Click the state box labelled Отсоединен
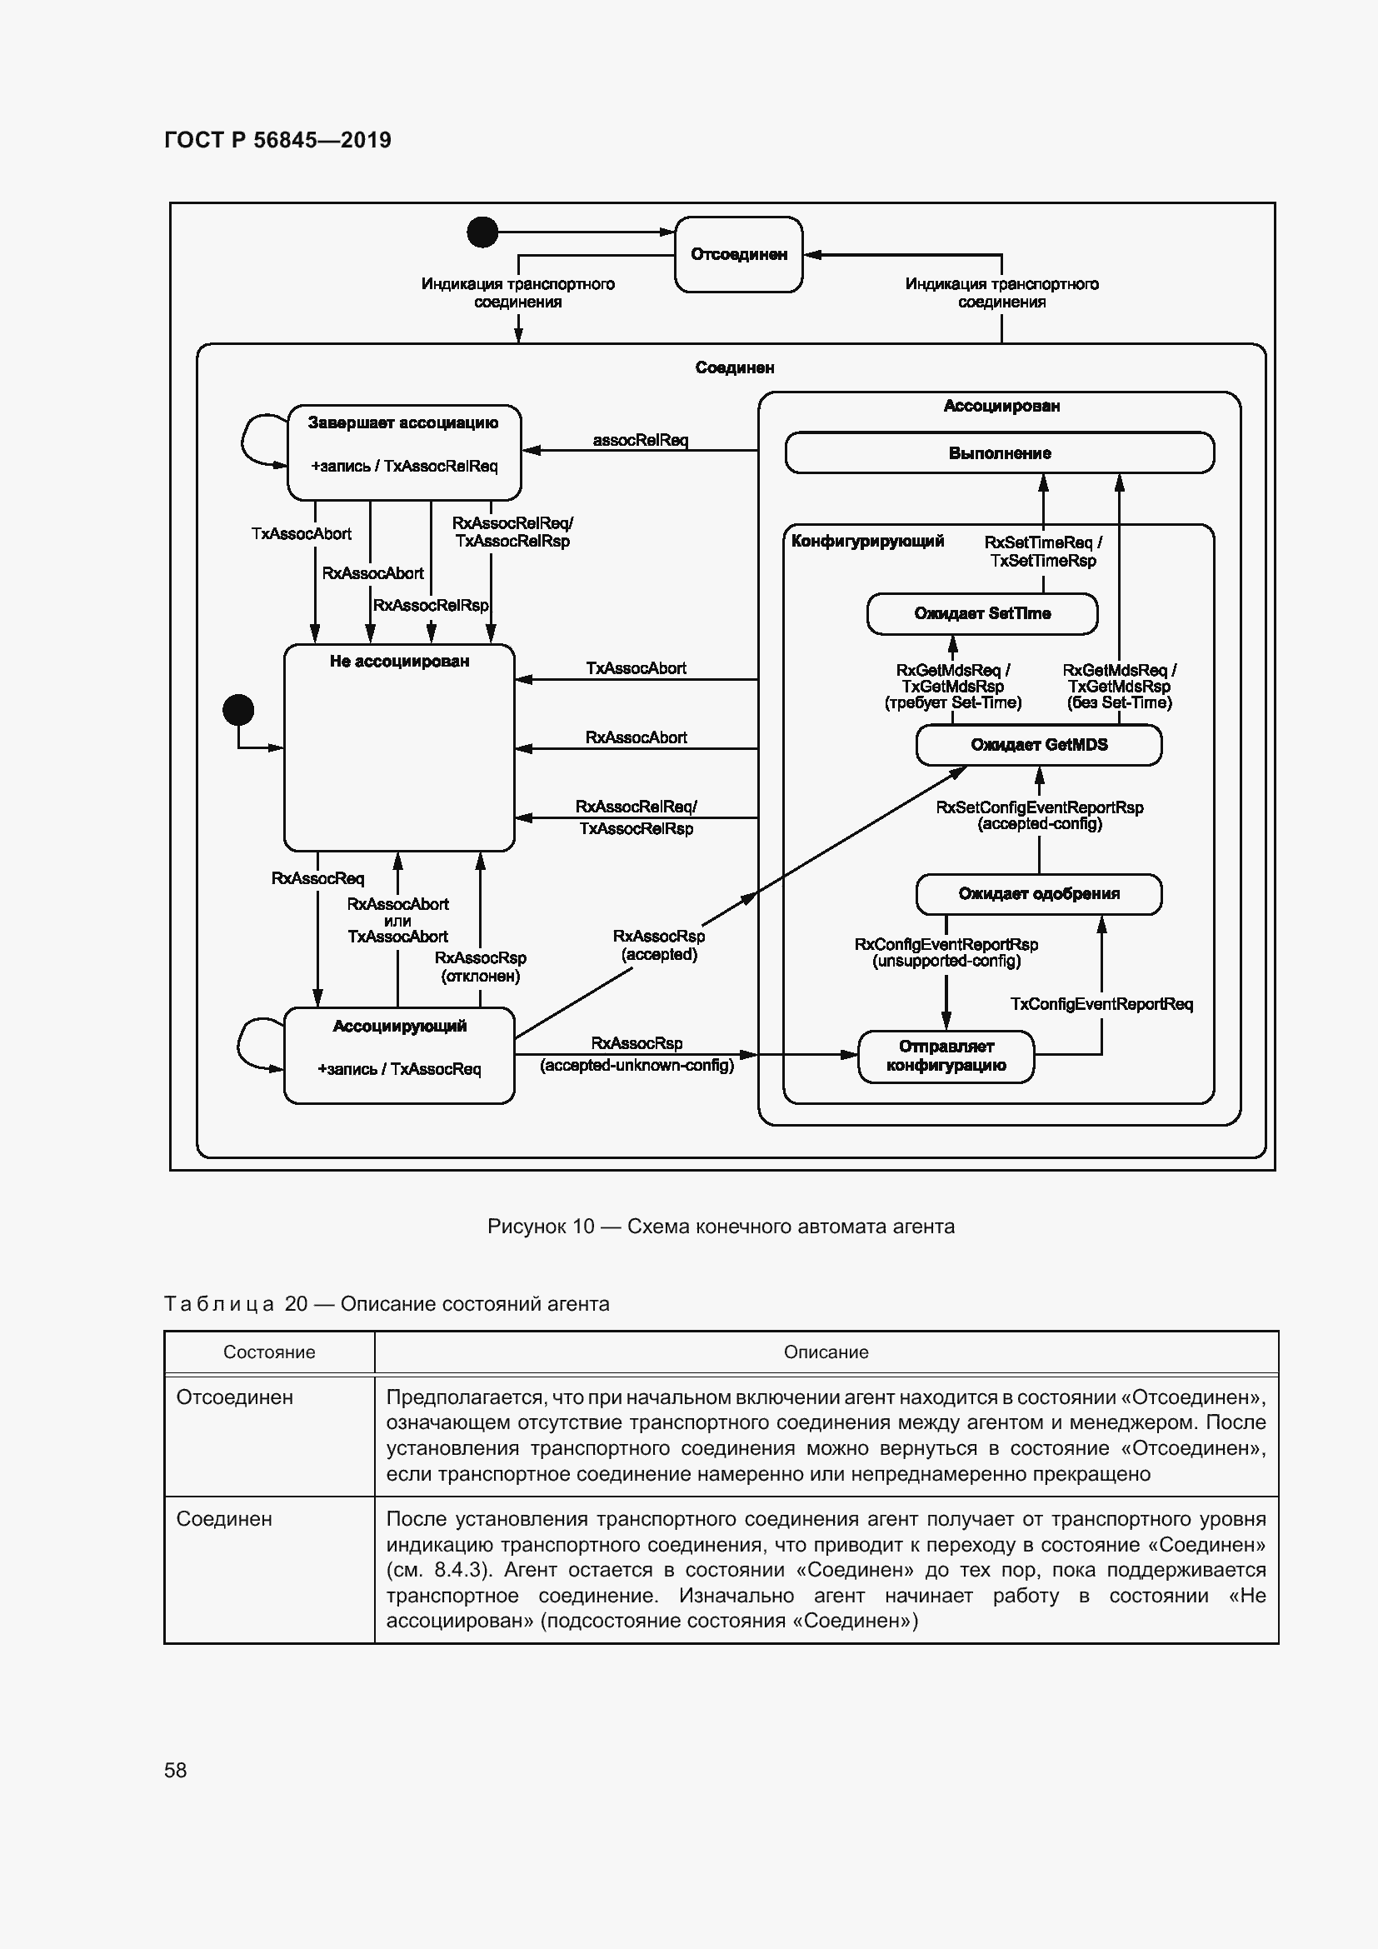pyautogui.click(x=738, y=255)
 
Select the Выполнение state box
pyautogui.click(x=999, y=453)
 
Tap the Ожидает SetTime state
pyautogui.click(x=981, y=614)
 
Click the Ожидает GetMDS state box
pyautogui.click(x=1039, y=745)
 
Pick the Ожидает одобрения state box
pyautogui.click(x=1039, y=894)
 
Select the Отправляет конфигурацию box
pyautogui.click(x=946, y=1056)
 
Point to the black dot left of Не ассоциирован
pyautogui.click(x=238, y=710)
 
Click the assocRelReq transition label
pyautogui.click(x=640, y=440)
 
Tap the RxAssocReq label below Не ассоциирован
pyautogui.click(x=317, y=878)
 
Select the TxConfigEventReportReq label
pyautogui.click(x=1101, y=1004)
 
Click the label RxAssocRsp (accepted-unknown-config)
pyautogui.click(x=637, y=1054)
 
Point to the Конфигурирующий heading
pyautogui.click(x=867, y=542)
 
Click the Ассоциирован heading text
pyautogui.click(x=1001, y=407)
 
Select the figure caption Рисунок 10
pyautogui.click(x=721, y=1227)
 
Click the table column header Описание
pyautogui.click(x=826, y=1352)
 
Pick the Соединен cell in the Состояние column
pyautogui.click(x=224, y=1519)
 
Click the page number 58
pyautogui.click(x=176, y=1770)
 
